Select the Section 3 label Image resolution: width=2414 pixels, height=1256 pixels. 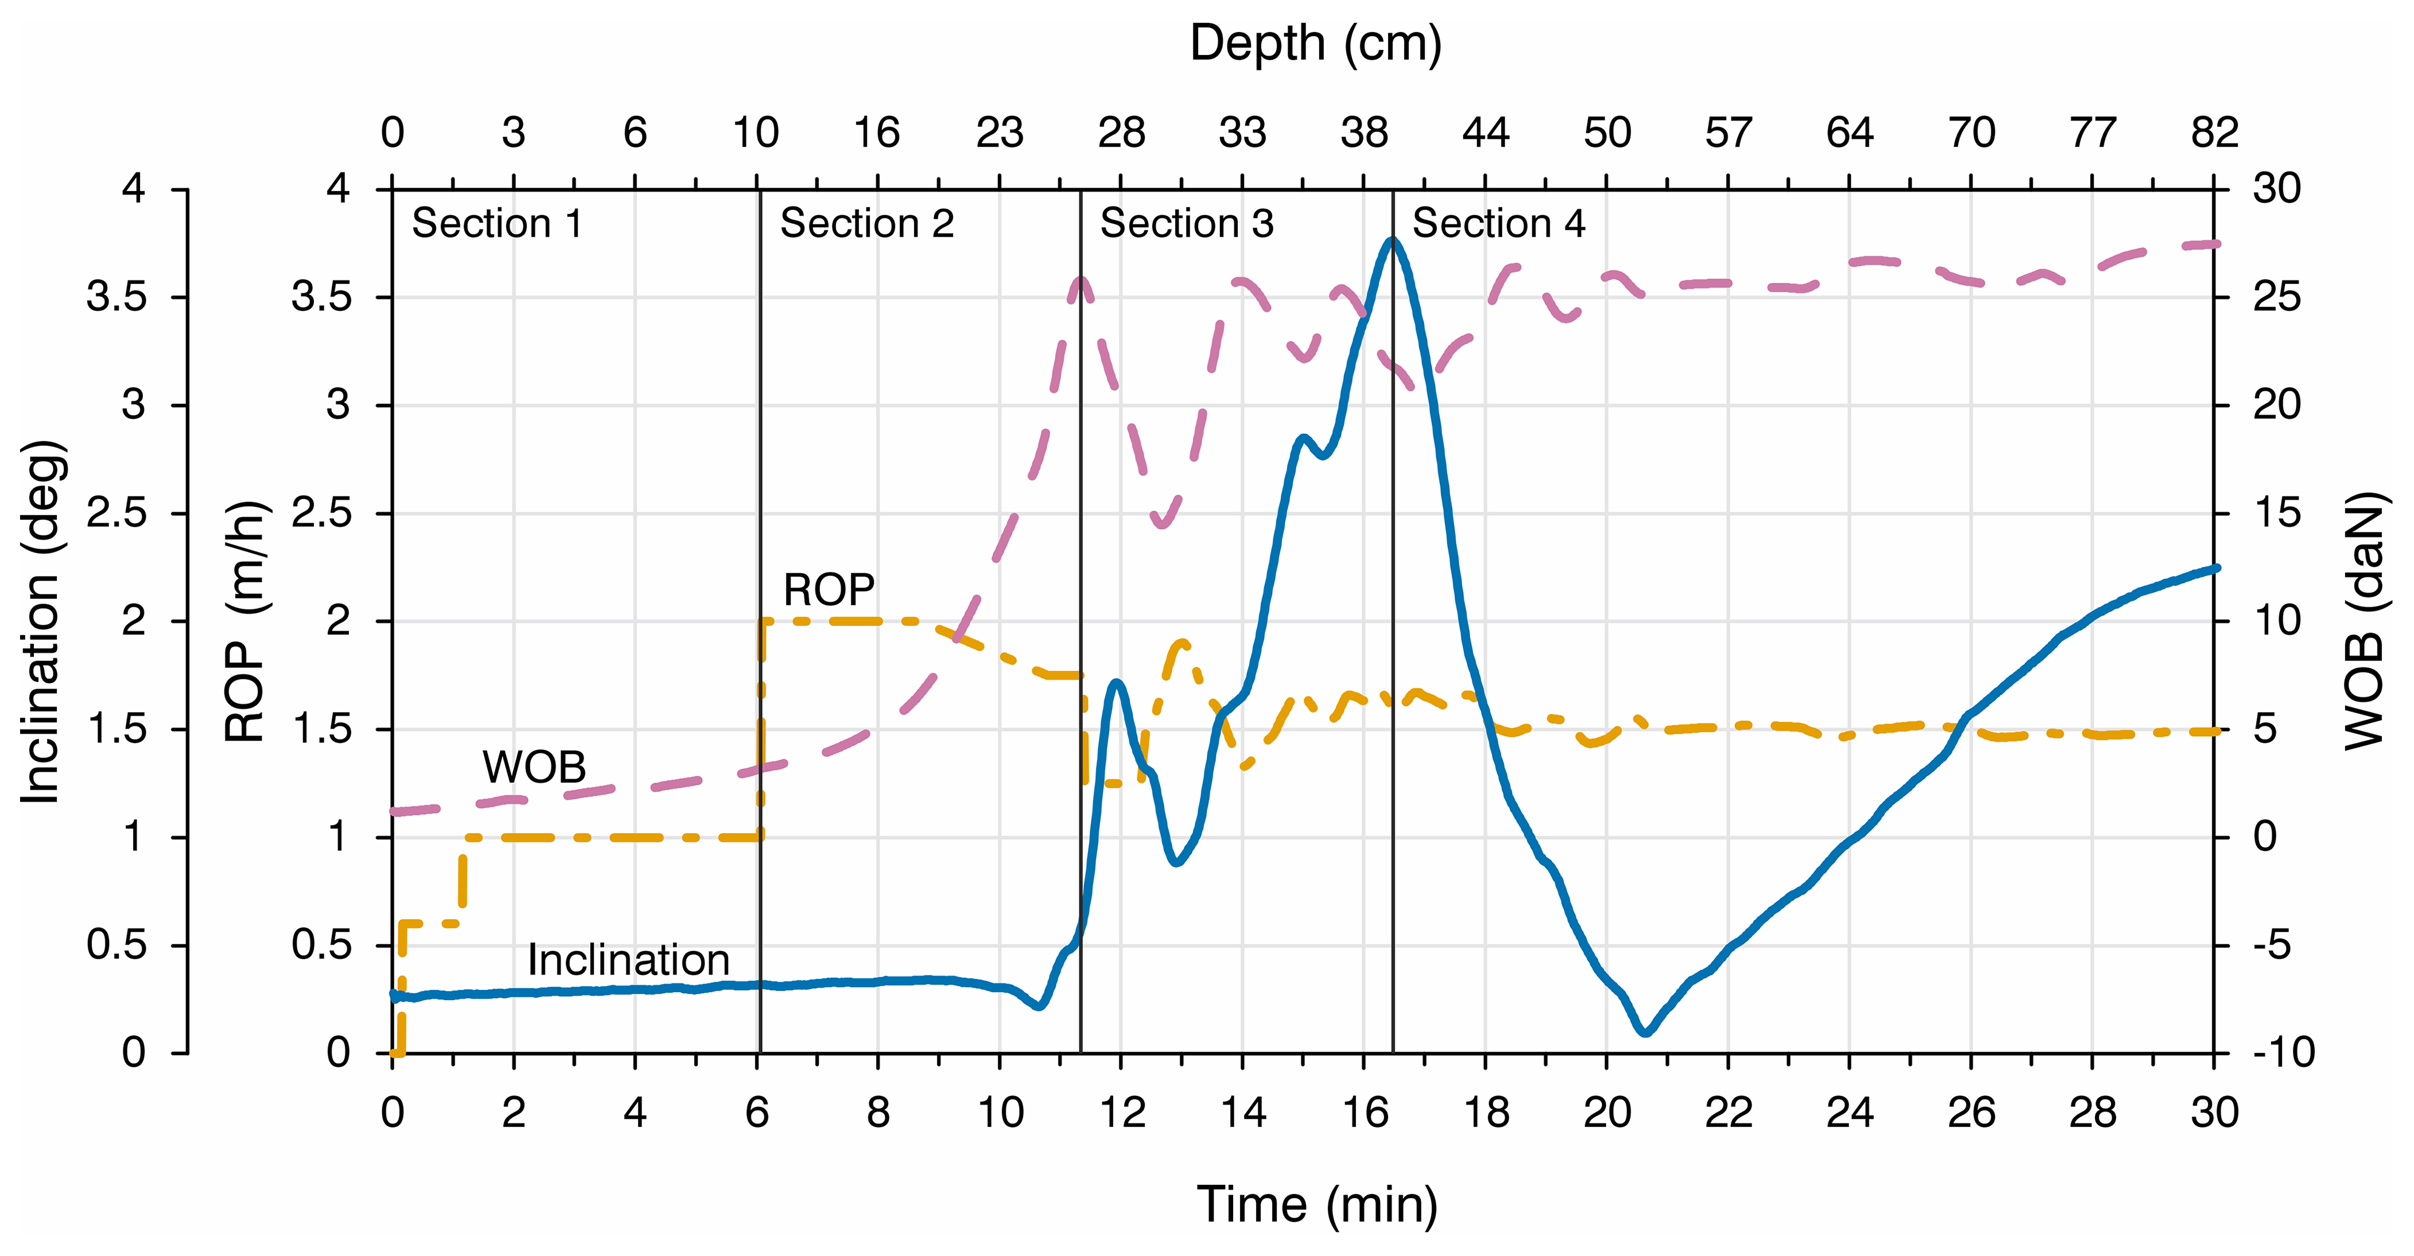[1187, 224]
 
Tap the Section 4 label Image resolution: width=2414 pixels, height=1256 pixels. [1498, 224]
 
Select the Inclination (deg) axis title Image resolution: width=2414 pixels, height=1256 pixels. [41, 621]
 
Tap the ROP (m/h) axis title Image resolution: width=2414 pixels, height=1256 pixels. [246, 621]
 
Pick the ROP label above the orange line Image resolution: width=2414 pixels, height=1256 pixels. [828, 590]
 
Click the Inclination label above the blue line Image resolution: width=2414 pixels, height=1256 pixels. [628, 960]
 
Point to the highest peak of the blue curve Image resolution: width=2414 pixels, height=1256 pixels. [1392, 241]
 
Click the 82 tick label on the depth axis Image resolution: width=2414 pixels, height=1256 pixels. [2214, 133]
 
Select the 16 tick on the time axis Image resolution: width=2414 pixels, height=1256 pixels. [1365, 1113]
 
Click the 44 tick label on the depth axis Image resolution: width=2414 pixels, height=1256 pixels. [1485, 133]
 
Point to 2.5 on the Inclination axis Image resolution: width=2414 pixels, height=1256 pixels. [117, 514]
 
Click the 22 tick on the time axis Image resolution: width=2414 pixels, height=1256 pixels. [1728, 1113]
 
